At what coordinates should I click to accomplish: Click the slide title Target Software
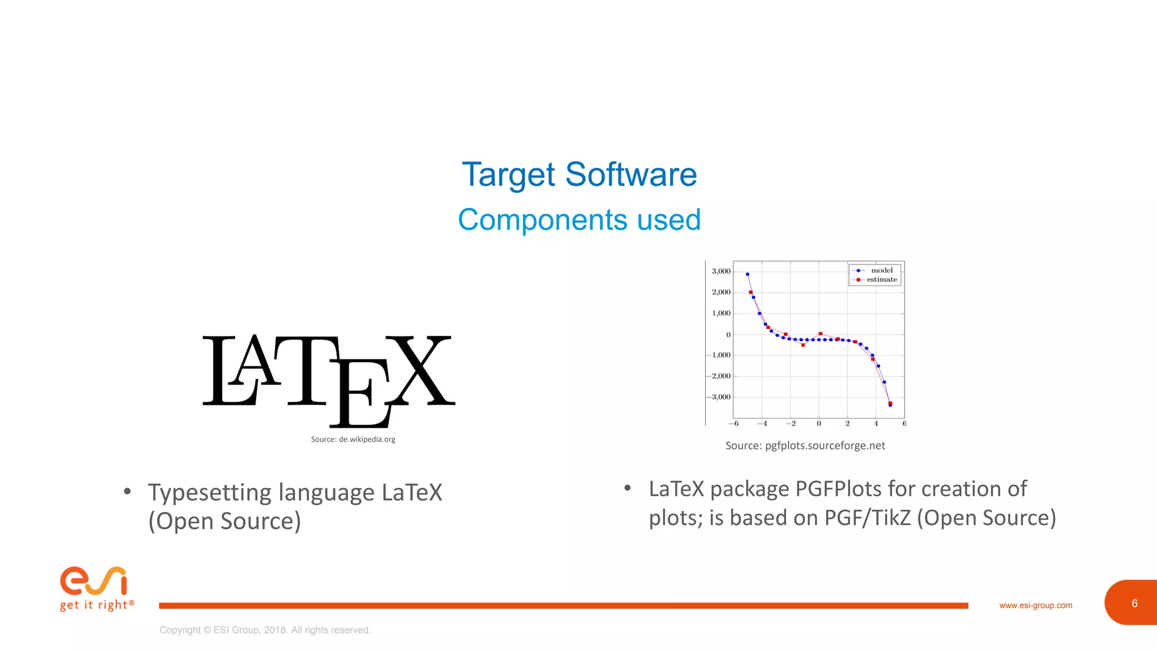pos(579,174)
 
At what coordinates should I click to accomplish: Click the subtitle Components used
pos(579,220)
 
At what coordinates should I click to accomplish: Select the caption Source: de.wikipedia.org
pos(353,439)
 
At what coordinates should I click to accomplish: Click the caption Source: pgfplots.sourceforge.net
pos(805,446)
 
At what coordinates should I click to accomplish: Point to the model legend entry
pos(881,271)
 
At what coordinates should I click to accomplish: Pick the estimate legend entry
pos(881,280)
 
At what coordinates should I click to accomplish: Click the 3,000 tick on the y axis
pos(721,271)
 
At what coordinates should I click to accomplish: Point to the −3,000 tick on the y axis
pos(719,397)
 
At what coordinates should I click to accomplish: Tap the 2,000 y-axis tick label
pos(721,292)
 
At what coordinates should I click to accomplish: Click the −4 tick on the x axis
pos(762,423)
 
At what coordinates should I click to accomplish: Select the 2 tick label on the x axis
pos(847,423)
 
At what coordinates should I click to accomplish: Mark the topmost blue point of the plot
pos(747,275)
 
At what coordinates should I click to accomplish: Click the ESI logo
pos(94,581)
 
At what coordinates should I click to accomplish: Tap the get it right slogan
pos(97,605)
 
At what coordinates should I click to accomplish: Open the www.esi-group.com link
pos(1036,605)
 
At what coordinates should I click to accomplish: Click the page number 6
pos(1134,604)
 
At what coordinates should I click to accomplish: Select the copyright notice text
pos(265,630)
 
